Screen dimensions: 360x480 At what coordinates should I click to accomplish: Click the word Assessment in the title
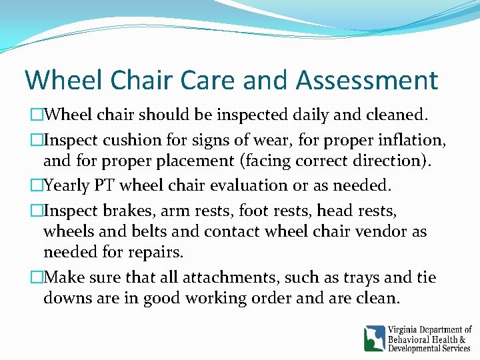[x=367, y=81]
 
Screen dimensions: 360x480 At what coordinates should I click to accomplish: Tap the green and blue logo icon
[x=374, y=338]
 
